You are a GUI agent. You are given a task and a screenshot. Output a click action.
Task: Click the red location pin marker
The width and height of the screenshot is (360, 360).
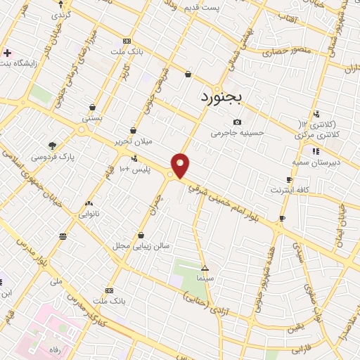click(x=181, y=165)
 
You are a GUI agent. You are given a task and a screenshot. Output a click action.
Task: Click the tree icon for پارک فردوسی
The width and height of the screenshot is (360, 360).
click(x=52, y=146)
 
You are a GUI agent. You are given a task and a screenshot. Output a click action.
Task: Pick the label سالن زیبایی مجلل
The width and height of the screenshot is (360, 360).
click(x=141, y=246)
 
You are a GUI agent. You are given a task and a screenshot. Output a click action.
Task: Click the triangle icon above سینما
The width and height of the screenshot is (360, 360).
click(x=205, y=269)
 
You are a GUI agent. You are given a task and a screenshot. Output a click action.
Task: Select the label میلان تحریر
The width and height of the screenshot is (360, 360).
click(x=134, y=141)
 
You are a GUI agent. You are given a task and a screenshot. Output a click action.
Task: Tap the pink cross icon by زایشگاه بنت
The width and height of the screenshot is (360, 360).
click(x=7, y=53)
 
